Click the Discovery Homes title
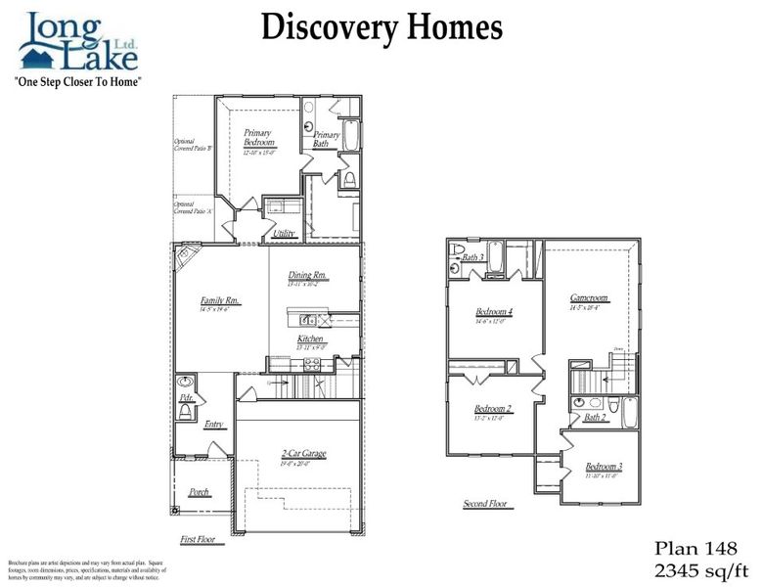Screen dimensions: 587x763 tap(381, 27)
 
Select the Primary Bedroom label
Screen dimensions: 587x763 tap(259, 138)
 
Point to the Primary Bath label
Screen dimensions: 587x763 tap(326, 140)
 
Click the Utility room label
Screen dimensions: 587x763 tap(285, 233)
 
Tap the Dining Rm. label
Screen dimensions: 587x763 tap(307, 276)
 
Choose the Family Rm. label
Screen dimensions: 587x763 tap(220, 301)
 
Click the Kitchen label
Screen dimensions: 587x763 tap(310, 339)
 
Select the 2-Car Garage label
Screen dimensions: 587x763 tap(302, 453)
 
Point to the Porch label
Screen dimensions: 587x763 tap(199, 492)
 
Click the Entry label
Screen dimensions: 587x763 tap(214, 425)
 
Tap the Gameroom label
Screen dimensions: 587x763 tap(589, 298)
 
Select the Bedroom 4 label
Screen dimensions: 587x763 tap(494, 312)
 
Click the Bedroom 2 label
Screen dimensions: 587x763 tap(492, 409)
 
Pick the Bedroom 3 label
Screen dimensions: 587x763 tap(604, 467)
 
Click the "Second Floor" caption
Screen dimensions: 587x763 tap(485, 504)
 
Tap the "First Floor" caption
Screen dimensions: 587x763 tap(202, 540)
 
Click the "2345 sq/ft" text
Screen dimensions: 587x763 tap(700, 568)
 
